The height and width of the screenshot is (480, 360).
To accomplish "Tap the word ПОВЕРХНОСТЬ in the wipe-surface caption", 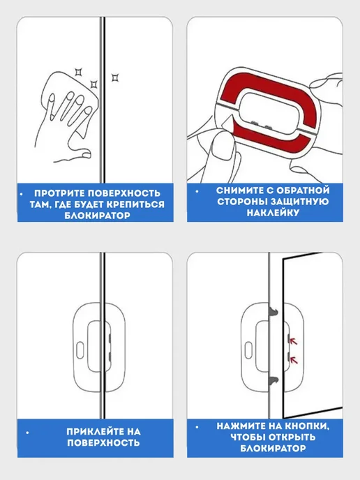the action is point(124,193).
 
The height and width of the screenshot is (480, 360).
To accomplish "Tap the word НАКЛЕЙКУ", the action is point(273,213).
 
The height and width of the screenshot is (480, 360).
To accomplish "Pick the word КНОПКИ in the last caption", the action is point(307,426).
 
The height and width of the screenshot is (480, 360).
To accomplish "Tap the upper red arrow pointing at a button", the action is point(294,340).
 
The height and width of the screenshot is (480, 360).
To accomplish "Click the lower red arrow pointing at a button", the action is point(294,360).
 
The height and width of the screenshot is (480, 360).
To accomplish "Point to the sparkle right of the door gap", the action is point(115,77).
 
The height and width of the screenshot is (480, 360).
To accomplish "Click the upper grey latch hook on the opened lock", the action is point(274,312).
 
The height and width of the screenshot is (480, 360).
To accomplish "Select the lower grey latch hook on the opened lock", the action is point(274,380).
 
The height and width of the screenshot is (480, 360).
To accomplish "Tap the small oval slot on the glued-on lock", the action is point(80,350).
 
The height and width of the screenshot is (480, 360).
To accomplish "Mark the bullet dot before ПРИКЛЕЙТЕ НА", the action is point(28,433).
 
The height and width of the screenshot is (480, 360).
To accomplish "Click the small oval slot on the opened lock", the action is point(248,350).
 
